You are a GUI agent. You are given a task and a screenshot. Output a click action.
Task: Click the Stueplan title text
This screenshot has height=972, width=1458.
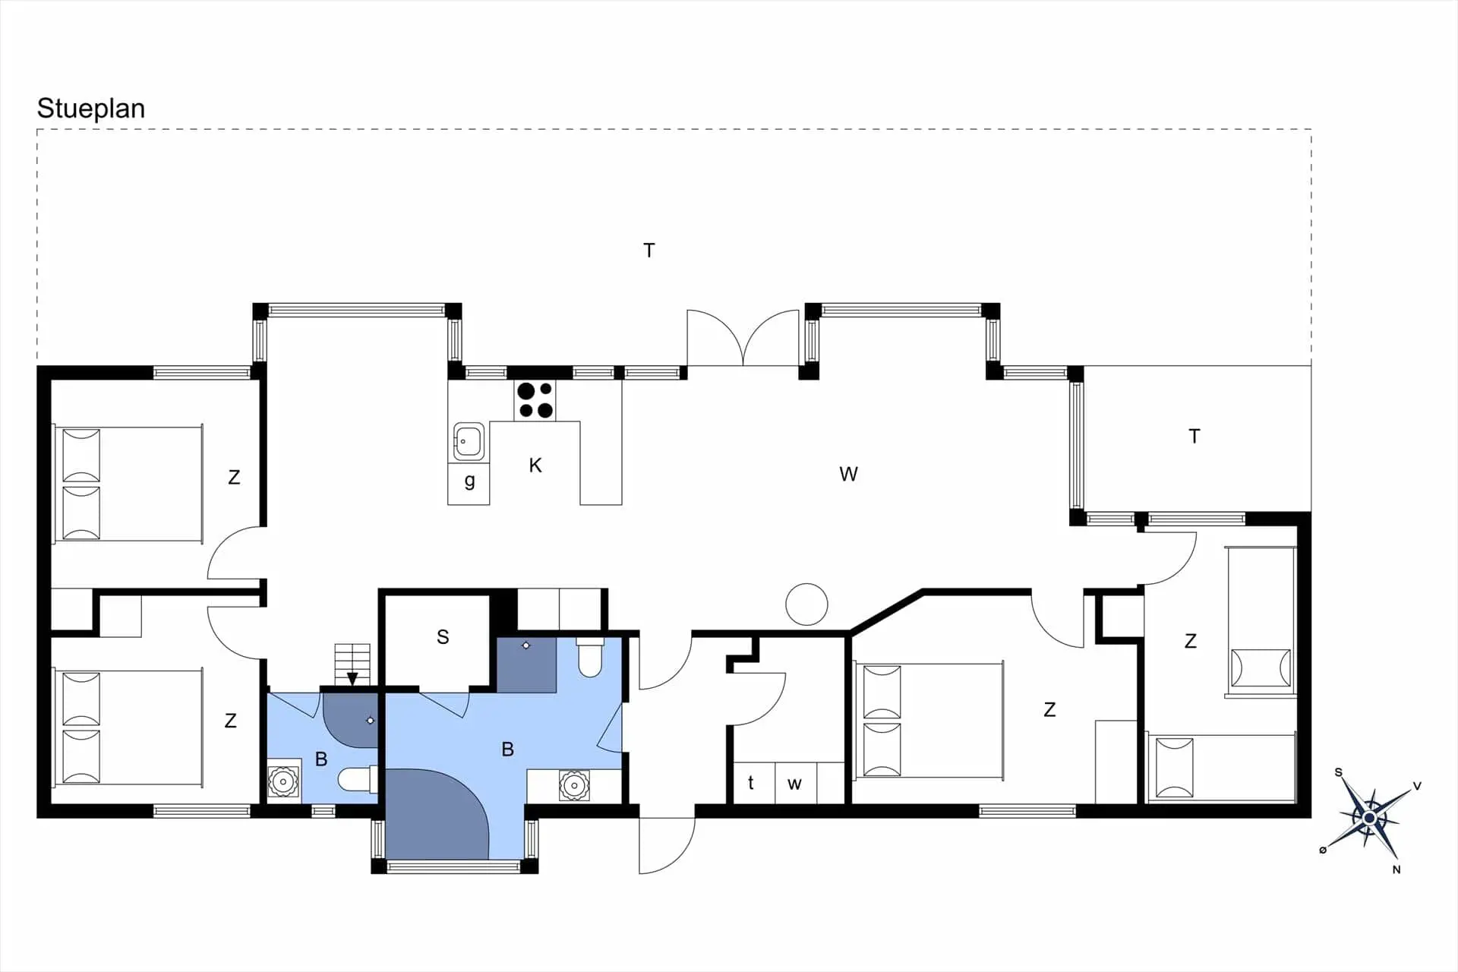coord(91,109)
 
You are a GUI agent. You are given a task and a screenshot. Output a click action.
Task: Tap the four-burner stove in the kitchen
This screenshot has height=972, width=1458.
coord(535,400)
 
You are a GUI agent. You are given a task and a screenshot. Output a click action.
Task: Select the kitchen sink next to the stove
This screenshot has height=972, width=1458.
coord(469,441)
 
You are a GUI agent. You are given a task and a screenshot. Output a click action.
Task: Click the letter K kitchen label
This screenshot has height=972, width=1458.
coord(535,465)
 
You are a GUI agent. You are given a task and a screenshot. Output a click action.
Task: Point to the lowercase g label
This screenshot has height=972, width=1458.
coord(469,481)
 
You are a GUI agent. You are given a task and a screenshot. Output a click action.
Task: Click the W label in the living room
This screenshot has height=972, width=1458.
coord(848,475)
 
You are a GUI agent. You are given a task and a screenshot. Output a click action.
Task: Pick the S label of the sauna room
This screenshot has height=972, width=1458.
coord(443,637)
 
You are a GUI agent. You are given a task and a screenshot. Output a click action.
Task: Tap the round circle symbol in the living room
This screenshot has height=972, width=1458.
coord(806,604)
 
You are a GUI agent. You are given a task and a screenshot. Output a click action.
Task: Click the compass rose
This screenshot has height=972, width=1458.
coord(1369,818)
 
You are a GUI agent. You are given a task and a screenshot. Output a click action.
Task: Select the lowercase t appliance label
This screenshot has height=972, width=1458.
coord(751,783)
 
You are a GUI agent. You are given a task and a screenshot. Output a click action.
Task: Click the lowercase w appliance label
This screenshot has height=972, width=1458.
coord(794,784)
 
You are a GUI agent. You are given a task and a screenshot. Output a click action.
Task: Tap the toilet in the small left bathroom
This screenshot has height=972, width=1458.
coord(357,779)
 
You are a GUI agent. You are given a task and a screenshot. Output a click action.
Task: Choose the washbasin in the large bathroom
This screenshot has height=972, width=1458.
coord(574,785)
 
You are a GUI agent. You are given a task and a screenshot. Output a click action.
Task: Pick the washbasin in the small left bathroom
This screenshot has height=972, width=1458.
coord(283,781)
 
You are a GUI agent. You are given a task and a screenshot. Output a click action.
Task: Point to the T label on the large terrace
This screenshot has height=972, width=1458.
coord(649,251)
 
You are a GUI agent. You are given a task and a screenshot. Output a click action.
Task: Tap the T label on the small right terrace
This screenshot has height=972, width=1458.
coord(1194,437)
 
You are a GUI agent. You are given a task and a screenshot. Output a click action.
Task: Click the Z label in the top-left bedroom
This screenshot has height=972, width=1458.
coord(234,478)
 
